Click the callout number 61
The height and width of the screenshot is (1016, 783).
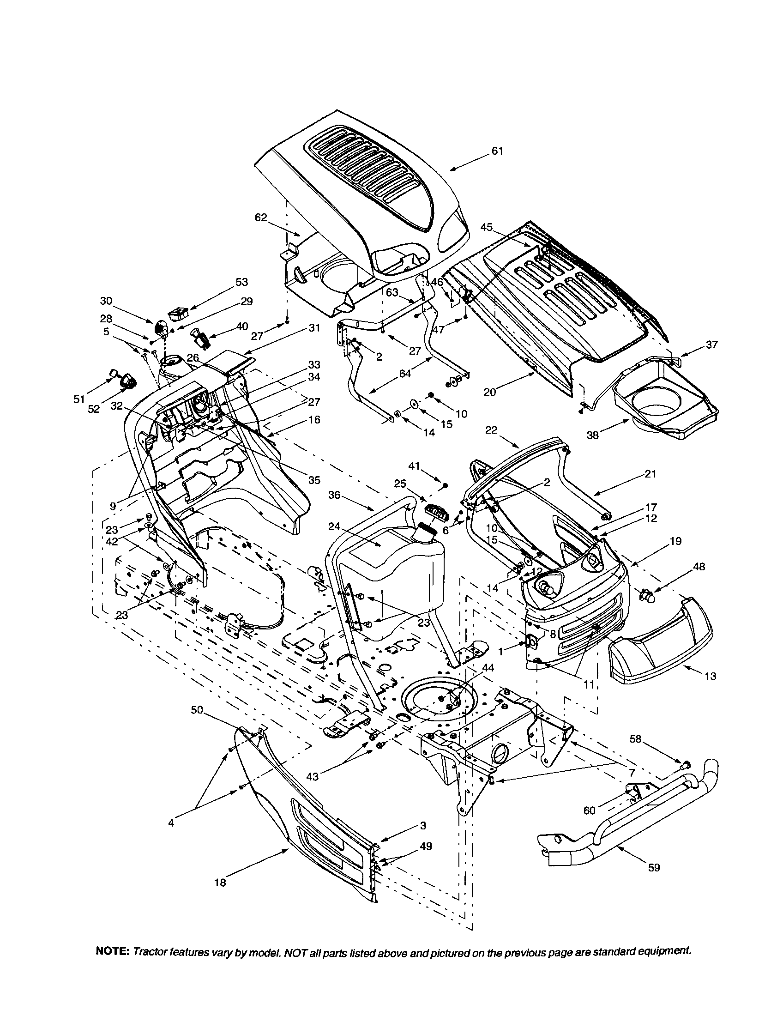click(497, 151)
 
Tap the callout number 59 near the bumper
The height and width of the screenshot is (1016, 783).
click(653, 868)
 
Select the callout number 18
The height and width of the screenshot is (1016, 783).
click(220, 882)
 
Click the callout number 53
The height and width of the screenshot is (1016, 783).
click(242, 282)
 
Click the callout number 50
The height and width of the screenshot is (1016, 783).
click(197, 710)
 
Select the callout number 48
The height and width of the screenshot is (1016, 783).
click(699, 567)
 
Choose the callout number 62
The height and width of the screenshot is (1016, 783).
click(261, 217)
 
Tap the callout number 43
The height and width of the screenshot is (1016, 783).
click(313, 776)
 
